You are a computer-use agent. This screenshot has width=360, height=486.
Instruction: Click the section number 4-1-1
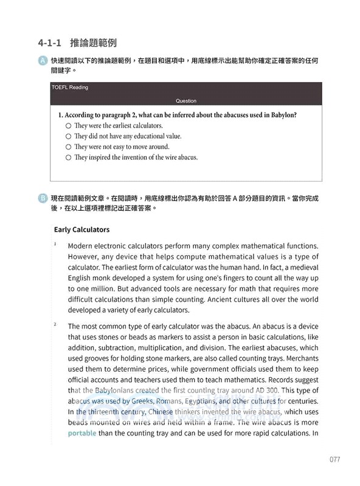49,43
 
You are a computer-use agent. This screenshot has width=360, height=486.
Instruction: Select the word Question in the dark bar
185,101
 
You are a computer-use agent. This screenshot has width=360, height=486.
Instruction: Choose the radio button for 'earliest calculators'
68,125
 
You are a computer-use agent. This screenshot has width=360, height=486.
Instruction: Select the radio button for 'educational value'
68,136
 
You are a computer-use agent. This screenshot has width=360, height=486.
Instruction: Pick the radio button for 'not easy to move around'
68,146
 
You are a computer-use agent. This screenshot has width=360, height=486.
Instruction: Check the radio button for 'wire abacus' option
68,157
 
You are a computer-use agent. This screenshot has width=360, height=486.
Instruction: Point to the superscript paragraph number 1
55,244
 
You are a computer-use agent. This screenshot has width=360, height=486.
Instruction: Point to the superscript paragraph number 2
55,325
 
